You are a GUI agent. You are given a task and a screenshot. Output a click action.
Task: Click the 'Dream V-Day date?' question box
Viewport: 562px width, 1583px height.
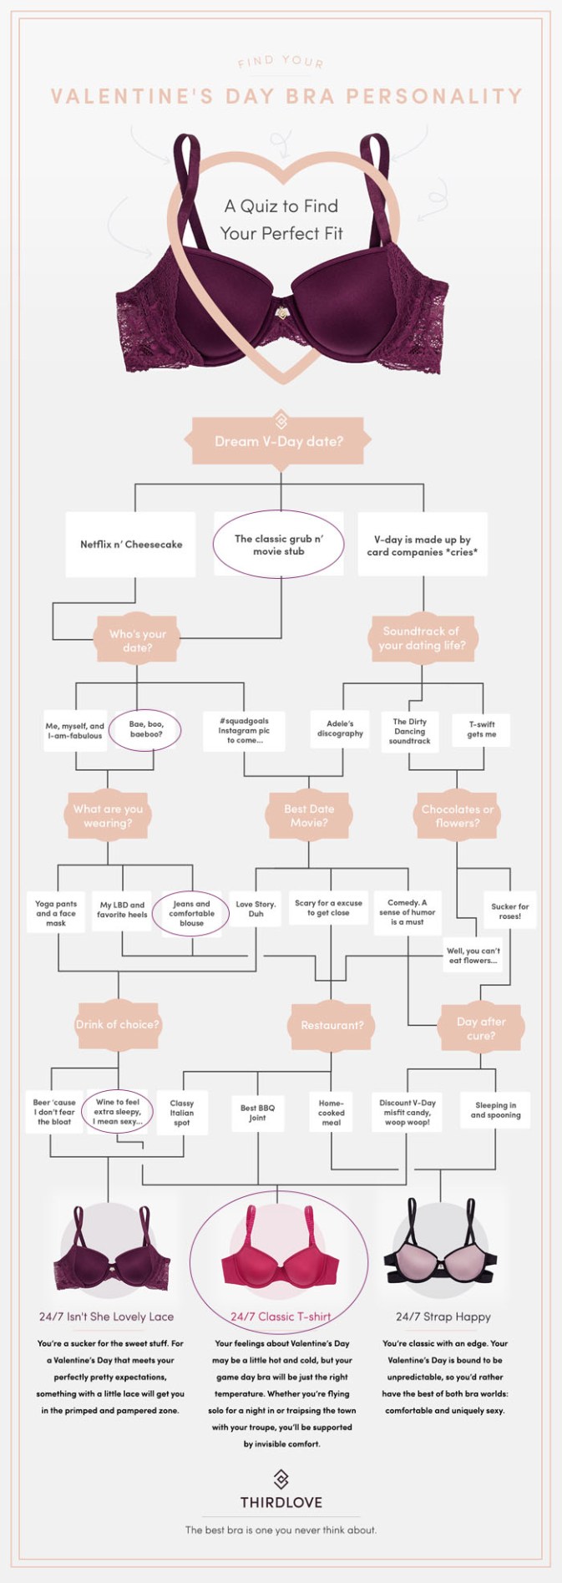[x=280, y=441]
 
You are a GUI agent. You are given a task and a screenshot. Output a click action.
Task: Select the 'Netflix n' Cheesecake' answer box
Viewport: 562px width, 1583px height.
[x=131, y=545]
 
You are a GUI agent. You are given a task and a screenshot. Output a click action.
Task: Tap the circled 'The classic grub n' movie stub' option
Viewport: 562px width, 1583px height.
[x=279, y=545]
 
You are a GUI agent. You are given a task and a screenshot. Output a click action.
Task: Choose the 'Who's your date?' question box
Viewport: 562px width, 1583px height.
[x=138, y=641]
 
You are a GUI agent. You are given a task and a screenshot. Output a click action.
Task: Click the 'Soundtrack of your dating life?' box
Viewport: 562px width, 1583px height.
[x=422, y=638]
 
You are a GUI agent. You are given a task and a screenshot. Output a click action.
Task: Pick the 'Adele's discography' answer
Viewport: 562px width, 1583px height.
[x=340, y=728]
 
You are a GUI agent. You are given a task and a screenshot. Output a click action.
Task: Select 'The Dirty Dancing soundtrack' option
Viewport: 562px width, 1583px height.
[x=409, y=731]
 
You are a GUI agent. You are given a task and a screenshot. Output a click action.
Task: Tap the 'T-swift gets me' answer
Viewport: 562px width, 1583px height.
[x=481, y=729]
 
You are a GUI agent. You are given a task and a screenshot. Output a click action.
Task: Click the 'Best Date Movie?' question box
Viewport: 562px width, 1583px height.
[x=309, y=815]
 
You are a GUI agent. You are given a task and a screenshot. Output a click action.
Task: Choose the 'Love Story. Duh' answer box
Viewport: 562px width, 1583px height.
[x=256, y=909]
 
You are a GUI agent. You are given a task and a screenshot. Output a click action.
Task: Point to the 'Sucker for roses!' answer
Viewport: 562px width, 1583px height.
[x=509, y=911]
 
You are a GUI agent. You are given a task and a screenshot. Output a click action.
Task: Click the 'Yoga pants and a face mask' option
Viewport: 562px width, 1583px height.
[x=56, y=913]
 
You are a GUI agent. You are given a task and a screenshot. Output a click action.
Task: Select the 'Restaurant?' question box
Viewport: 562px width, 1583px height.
[x=332, y=1025]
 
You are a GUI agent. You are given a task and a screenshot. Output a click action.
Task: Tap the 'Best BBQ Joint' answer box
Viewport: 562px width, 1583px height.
[x=257, y=1113]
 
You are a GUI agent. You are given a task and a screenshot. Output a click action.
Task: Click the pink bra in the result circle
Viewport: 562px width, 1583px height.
[x=280, y=1255]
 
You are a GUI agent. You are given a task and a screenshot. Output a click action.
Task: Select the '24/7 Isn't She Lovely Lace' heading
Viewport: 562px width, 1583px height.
[x=107, y=1317]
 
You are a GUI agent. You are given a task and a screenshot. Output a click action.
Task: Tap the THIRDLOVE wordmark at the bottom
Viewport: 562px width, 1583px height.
[x=281, y=1502]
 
